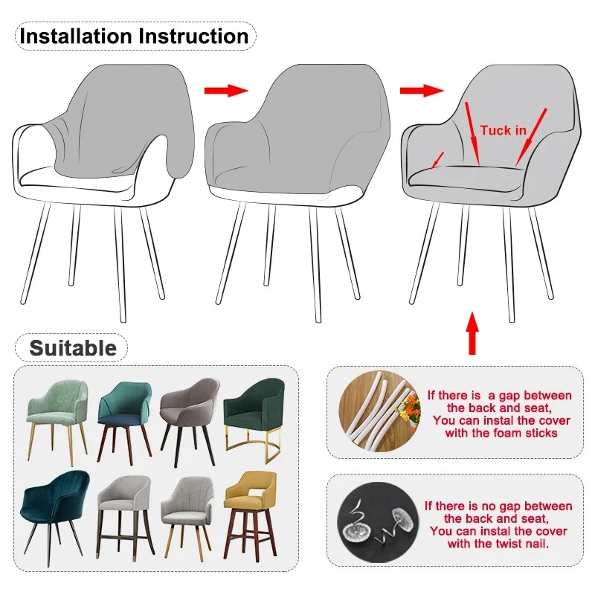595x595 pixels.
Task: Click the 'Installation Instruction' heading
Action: (x=134, y=36)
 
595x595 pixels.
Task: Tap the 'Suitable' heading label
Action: (x=72, y=348)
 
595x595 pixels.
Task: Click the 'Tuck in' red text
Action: (x=503, y=131)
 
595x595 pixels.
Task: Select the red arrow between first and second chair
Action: (x=225, y=90)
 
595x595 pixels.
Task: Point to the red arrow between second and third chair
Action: (x=421, y=90)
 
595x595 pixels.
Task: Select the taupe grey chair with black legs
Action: (x=190, y=413)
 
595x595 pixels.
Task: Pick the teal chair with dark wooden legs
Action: (x=125, y=413)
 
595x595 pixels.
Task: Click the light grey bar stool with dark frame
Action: (x=123, y=509)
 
